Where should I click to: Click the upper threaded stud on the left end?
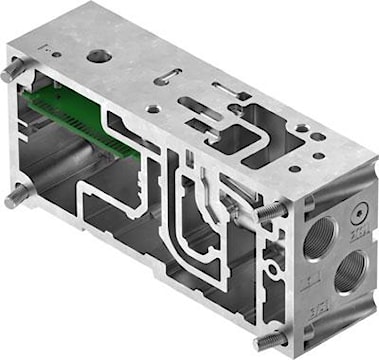coord(12,73)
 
